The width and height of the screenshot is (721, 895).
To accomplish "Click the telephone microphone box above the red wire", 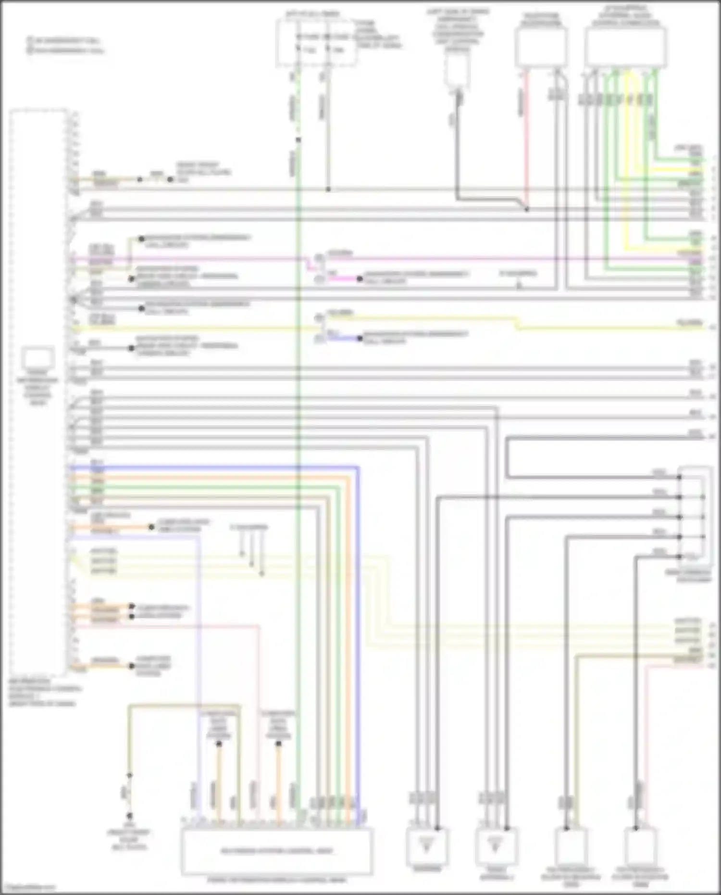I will [x=541, y=47].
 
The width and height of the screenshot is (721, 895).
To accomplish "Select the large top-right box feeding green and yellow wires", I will [x=626, y=47].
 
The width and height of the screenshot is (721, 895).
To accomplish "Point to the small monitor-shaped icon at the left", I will [x=38, y=358].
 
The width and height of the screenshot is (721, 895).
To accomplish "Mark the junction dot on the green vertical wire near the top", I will [x=298, y=140].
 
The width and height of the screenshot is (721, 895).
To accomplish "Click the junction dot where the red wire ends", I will [x=527, y=209].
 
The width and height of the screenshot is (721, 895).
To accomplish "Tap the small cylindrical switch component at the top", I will [x=457, y=70].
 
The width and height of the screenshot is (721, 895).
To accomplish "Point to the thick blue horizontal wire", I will [x=216, y=467].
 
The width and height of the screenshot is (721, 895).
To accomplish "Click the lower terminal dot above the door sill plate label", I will [x=129, y=816].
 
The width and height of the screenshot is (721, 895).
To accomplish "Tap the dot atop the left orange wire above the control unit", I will [x=219, y=744].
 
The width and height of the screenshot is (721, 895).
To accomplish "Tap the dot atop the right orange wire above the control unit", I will [x=278, y=744].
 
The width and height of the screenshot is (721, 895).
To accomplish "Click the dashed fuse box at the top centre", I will [x=317, y=43].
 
